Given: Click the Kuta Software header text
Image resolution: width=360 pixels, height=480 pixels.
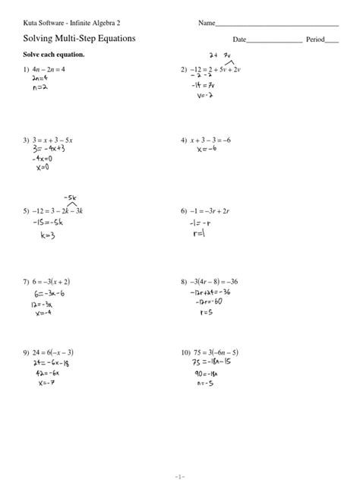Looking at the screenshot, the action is pos(71,24).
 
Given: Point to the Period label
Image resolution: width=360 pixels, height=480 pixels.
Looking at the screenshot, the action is pos(314,39).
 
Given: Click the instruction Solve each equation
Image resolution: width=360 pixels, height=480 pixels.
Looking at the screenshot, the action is pos(54,55).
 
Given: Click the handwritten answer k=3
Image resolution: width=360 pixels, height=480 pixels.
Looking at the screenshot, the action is pos(47,235).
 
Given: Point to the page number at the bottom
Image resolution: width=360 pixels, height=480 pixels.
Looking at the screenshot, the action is pos(180,464).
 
